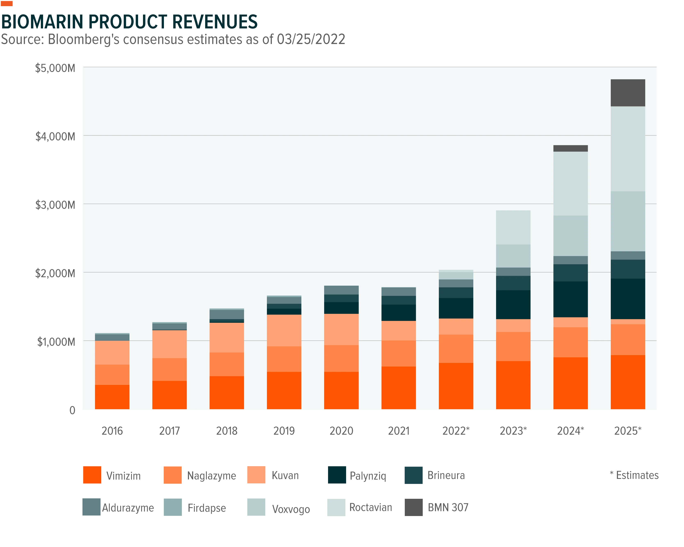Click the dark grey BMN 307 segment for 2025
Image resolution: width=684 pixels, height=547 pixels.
pyautogui.click(x=628, y=93)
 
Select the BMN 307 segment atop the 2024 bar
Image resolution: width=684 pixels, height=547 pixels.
pyautogui.click(x=570, y=148)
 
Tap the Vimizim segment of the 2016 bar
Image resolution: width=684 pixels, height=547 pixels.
pyautogui.click(x=112, y=397)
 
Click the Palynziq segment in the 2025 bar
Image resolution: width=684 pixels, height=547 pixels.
pyautogui.click(x=628, y=299)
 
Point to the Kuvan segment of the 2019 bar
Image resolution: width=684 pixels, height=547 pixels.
pyautogui.click(x=284, y=330)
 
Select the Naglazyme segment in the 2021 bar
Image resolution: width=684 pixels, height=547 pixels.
pyautogui.click(x=398, y=354)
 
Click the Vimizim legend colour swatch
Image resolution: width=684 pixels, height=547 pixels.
pyautogui.click(x=92, y=475)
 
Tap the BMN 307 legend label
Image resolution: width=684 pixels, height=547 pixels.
pyautogui.click(x=448, y=507)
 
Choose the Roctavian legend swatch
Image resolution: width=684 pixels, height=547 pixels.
pyautogui.click(x=336, y=507)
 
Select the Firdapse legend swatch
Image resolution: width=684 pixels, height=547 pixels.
pyautogui.click(x=173, y=507)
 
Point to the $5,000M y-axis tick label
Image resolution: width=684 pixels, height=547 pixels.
pyautogui.click(x=55, y=68)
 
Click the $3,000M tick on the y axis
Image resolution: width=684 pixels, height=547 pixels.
pyautogui.click(x=55, y=205)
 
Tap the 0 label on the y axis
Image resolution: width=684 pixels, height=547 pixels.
pyautogui.click(x=72, y=410)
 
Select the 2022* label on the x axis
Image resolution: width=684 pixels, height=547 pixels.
pyautogui.click(x=456, y=430)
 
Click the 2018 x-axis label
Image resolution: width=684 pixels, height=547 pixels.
pyautogui.click(x=227, y=430)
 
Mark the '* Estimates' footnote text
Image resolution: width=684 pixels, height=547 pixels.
pyautogui.click(x=634, y=475)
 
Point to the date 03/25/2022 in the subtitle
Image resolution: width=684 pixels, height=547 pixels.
pyautogui.click(x=311, y=39)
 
